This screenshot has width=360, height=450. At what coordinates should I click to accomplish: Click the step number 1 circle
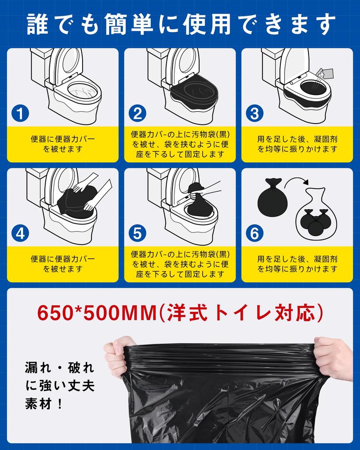tap(20, 113)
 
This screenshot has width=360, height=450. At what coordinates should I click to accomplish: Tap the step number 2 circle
tap(138, 113)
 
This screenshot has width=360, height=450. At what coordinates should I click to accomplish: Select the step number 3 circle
tap(255, 113)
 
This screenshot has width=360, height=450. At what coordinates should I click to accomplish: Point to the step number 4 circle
tap(20, 233)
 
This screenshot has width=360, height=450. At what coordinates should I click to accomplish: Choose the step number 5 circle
tap(138, 233)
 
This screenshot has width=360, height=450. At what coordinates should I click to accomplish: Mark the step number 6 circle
tap(255, 233)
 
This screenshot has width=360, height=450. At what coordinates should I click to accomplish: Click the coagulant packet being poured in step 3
tap(325, 73)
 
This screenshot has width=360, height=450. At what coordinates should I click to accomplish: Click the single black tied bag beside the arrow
tap(272, 197)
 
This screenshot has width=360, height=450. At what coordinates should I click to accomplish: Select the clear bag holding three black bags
tap(316, 212)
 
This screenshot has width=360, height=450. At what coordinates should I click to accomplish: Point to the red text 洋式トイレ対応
tap(241, 313)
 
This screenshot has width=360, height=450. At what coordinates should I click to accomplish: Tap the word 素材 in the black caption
tap(38, 404)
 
